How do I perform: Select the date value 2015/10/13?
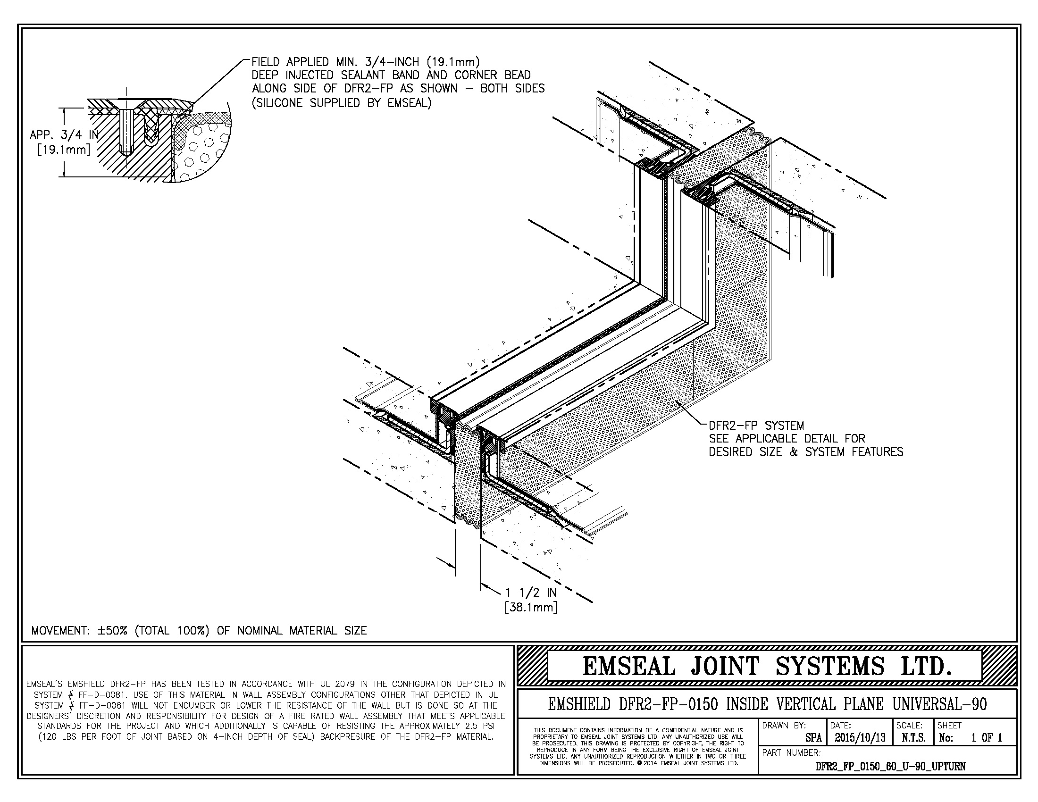860,738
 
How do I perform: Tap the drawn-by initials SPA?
813,738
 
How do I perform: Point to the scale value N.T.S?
913,738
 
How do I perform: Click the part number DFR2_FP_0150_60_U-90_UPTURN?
890,766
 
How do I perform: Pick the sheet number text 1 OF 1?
986,738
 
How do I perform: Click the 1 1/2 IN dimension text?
530,593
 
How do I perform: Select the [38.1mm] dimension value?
530,607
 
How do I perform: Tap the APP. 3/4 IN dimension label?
64,135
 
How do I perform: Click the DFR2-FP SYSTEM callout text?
756,425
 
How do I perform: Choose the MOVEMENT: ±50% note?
199,630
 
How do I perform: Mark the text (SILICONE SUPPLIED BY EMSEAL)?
341,103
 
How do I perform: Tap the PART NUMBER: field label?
791,752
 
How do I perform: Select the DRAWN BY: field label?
784,726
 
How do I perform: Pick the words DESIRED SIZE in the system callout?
745,452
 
